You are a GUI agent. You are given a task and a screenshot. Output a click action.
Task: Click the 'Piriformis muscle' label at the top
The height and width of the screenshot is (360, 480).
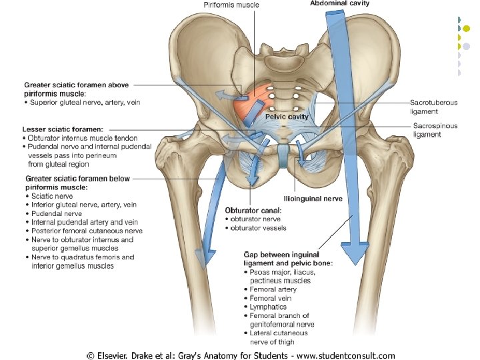pos(231,5)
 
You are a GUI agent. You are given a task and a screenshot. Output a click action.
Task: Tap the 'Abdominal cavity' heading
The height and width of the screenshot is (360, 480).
pos(340,3)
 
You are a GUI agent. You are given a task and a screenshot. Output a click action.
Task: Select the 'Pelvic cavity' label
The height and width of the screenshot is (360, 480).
pos(287,116)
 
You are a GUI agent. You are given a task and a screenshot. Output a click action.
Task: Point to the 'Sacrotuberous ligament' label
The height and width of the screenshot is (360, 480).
pos(433,107)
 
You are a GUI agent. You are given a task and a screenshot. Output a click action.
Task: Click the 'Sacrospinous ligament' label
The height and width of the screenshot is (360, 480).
pos(435,129)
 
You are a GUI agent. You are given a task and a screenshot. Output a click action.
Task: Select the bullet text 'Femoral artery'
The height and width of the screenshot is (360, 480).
pos(273,289)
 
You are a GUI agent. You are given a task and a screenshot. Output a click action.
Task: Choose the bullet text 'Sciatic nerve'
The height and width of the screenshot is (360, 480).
pos(51,197)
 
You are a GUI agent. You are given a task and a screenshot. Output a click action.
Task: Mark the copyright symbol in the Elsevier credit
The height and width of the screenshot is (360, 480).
pos(90,355)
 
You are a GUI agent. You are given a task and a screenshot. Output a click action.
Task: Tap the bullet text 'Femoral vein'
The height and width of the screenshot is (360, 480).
pos(271,298)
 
